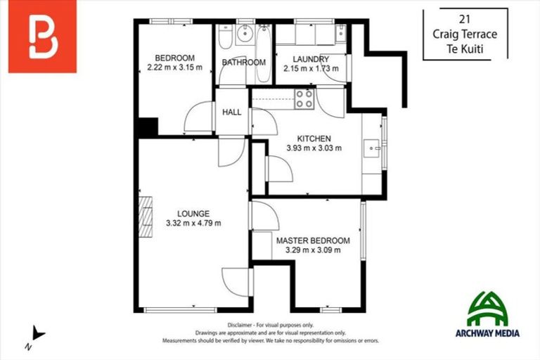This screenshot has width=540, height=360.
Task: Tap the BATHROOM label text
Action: (x=244, y=63)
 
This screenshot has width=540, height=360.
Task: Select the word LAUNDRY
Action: (x=311, y=59)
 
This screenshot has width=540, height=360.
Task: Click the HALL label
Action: (x=232, y=112)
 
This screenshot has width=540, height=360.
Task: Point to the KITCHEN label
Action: (x=314, y=139)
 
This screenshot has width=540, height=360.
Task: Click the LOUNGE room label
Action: (x=193, y=214)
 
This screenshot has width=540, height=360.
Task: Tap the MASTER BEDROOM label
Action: (x=313, y=240)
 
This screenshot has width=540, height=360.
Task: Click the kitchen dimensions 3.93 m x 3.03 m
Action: (x=314, y=148)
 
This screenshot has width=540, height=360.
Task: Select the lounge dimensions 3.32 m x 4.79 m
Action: (x=193, y=224)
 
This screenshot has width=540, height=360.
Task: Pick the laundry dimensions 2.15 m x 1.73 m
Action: (x=311, y=69)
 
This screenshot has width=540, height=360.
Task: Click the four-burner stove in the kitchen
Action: (x=304, y=99)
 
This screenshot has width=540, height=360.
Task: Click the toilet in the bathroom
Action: (x=223, y=34)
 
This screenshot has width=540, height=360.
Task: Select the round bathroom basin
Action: (x=245, y=32)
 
